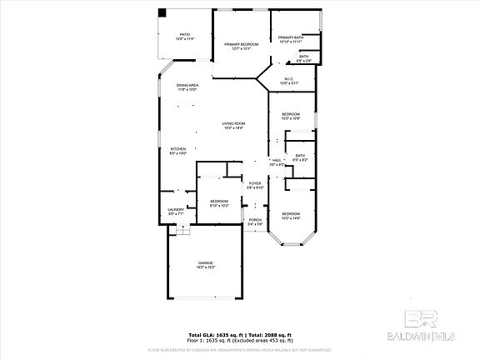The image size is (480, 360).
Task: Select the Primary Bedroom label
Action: point(241,45)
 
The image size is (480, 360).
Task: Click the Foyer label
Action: point(255,185)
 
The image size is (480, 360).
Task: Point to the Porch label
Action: point(255,222)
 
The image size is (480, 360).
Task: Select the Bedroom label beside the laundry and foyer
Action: point(219,202)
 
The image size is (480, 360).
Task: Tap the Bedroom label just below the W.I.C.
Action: point(290,115)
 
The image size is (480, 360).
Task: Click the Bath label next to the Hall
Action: point(300,157)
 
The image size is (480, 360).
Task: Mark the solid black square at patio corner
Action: point(162,14)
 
